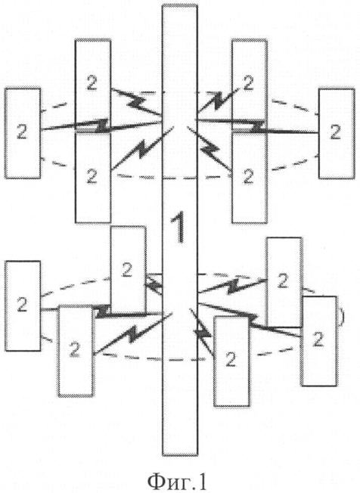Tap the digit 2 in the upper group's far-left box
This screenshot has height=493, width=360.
pyautogui.click(x=22, y=132)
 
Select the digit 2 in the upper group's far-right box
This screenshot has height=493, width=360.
pyautogui.click(x=335, y=132)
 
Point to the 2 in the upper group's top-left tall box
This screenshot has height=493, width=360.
pyautogui.click(x=92, y=83)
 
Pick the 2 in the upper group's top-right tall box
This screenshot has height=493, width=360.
pyautogui.click(x=248, y=83)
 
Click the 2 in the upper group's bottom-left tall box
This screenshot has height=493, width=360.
pyautogui.click(x=92, y=175)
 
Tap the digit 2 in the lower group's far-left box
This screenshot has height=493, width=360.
pyautogui.click(x=22, y=305)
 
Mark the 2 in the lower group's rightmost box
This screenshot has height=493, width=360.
pyautogui.click(x=318, y=340)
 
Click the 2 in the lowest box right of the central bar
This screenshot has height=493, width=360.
pyautogui.click(x=231, y=360)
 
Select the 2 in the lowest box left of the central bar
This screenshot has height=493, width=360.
pyautogui.click(x=75, y=350)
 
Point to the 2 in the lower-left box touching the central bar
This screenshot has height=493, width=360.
pyautogui.click(x=127, y=270)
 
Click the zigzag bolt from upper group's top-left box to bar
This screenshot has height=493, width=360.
pyautogui.click(x=136, y=102)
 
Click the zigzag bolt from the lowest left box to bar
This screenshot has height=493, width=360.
pyautogui.click(x=133, y=333)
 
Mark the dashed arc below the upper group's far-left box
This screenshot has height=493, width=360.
pyautogui.click(x=58, y=164)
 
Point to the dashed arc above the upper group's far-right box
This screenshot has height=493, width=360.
pyautogui.click(x=294, y=106)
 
